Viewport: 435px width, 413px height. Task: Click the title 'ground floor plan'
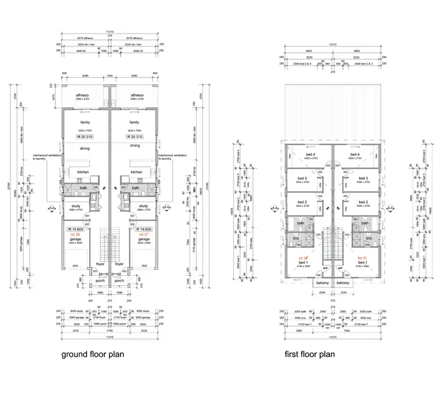[92, 354]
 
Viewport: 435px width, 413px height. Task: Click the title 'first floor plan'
[309, 354]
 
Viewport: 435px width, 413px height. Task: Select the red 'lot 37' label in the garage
[144, 234]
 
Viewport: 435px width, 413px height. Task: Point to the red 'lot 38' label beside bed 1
[303, 258]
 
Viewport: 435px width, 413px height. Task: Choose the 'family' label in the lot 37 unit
[135, 122]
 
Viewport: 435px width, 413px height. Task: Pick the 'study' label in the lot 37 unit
[144, 206]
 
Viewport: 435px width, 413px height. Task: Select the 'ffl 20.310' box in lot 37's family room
[135, 137]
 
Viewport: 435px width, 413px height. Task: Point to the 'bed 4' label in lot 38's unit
[302, 153]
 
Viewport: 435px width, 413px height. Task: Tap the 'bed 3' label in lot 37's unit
[363, 178]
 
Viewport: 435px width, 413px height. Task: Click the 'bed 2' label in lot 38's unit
[302, 202]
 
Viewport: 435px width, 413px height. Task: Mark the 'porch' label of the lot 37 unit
[119, 281]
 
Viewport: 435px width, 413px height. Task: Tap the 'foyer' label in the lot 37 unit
[120, 264]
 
